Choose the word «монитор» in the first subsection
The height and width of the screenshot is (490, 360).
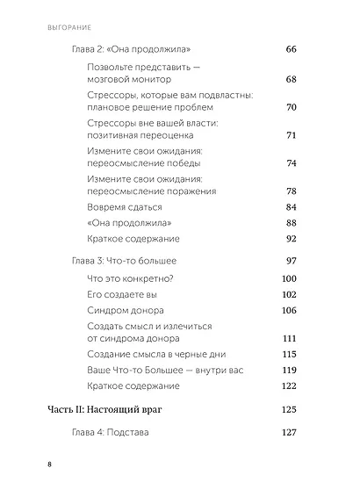coord(155,80)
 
